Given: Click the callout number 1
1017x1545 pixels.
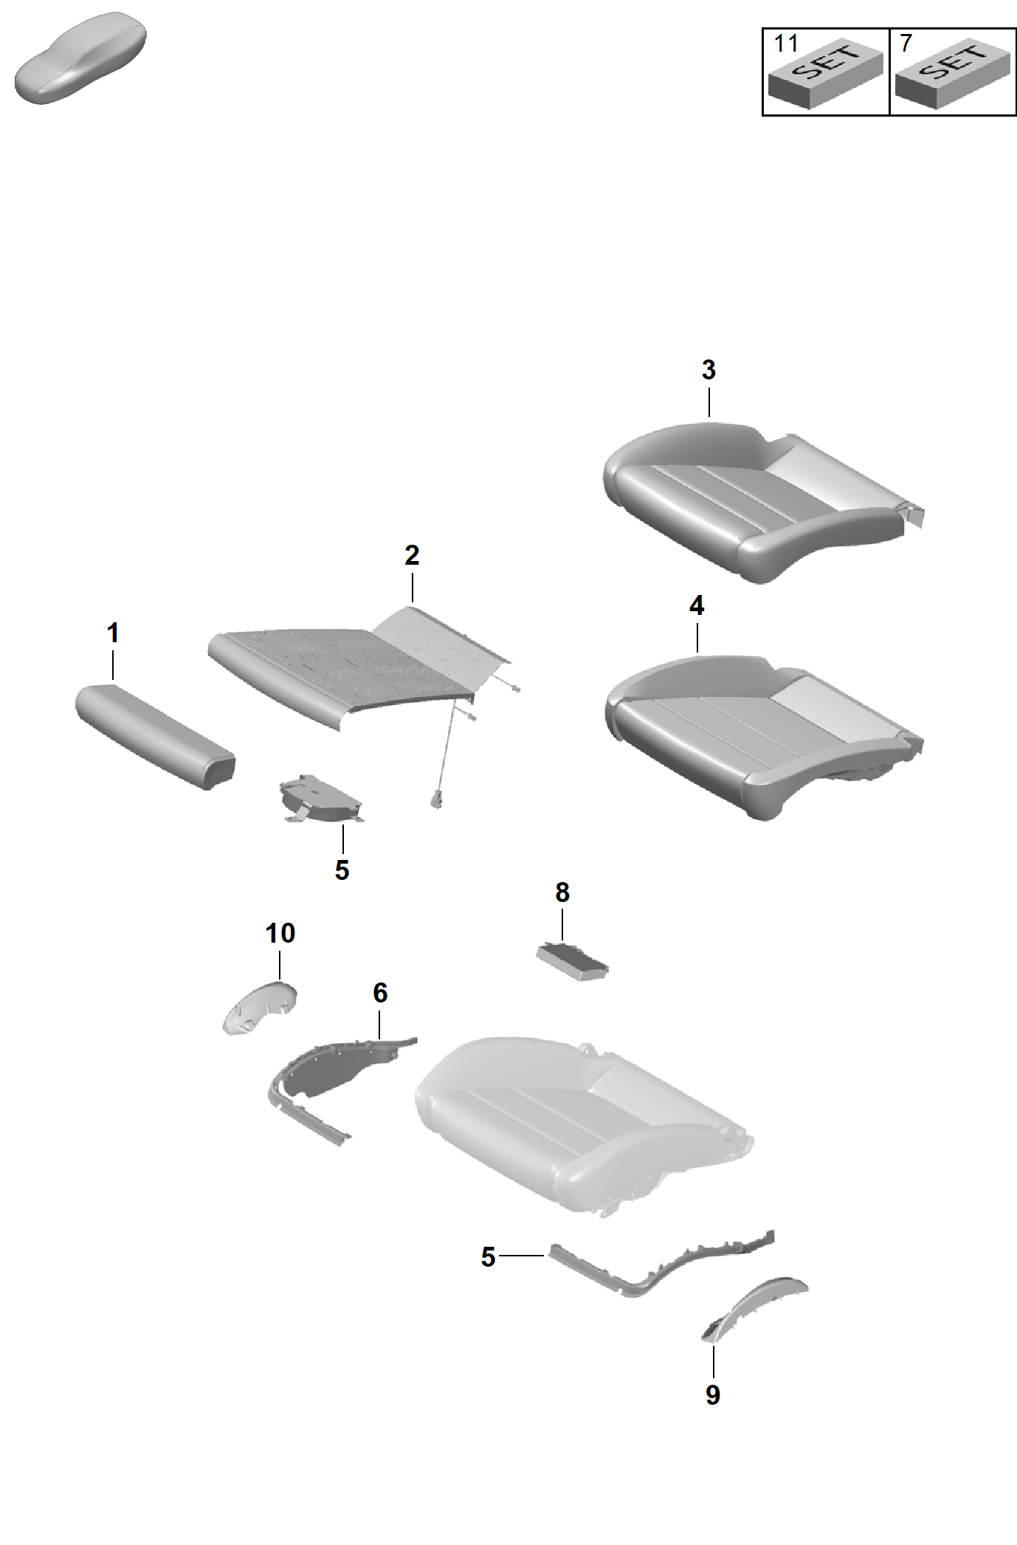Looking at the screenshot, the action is tap(113, 633).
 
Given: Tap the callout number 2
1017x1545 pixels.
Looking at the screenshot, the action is tap(412, 555).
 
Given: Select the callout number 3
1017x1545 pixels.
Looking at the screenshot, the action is tap(709, 370).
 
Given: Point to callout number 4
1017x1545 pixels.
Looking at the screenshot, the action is tap(697, 606).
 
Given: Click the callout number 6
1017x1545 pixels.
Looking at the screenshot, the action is tap(380, 993).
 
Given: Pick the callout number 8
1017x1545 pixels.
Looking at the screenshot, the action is tap(562, 892).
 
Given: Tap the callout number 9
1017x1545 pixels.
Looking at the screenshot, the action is tap(713, 1395).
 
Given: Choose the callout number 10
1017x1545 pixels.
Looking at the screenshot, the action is tap(280, 933).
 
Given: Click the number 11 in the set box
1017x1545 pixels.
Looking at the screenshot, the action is tap(786, 44).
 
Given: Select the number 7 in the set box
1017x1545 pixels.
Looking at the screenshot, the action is tap(906, 44).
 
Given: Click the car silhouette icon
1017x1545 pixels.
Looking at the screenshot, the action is tap(80, 58).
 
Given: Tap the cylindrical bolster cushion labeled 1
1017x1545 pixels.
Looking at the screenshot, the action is tap(155, 736).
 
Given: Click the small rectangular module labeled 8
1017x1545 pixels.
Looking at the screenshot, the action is tap(573, 961).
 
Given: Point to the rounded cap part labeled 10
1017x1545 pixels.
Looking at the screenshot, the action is tap(260, 1008).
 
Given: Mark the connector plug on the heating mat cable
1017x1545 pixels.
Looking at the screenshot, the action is tap(437, 800).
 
